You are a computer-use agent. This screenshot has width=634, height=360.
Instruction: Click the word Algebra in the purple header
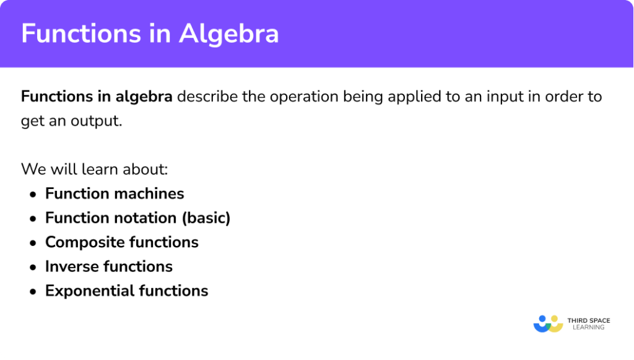coord(229,34)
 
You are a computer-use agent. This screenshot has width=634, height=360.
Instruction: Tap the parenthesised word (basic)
coord(206,218)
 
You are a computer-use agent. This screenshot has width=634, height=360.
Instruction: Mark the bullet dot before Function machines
coord(32,194)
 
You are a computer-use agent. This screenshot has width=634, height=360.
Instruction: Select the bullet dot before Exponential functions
coord(32,291)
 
